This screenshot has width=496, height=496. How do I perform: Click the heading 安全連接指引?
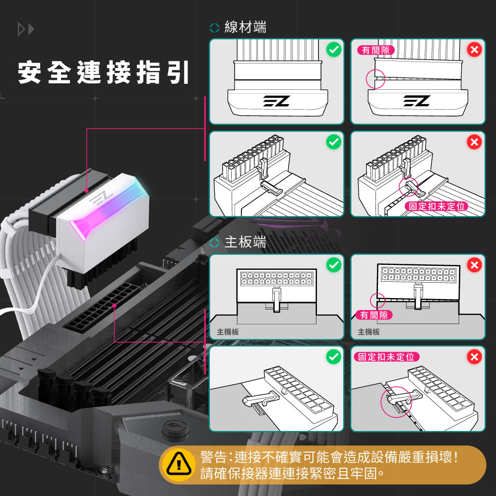(104, 73)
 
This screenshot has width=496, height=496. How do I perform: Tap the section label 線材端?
(245, 27)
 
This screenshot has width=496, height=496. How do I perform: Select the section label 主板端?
(245, 242)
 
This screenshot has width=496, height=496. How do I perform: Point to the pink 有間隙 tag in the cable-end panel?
(375, 50)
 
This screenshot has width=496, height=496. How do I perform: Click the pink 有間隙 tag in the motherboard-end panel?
(373, 315)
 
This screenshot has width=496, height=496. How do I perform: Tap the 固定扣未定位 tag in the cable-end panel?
(436, 206)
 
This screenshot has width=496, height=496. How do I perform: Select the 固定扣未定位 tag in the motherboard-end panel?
(386, 357)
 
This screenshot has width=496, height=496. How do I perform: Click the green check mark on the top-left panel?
(334, 50)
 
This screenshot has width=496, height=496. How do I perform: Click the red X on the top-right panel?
(475, 50)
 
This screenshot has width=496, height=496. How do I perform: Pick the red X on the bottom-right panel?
(475, 357)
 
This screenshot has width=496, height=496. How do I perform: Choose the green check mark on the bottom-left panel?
(334, 357)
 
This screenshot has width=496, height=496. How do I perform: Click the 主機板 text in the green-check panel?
(228, 332)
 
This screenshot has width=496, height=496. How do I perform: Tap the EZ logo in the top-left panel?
(276, 101)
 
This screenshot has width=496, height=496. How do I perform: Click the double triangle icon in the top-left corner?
(26, 29)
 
